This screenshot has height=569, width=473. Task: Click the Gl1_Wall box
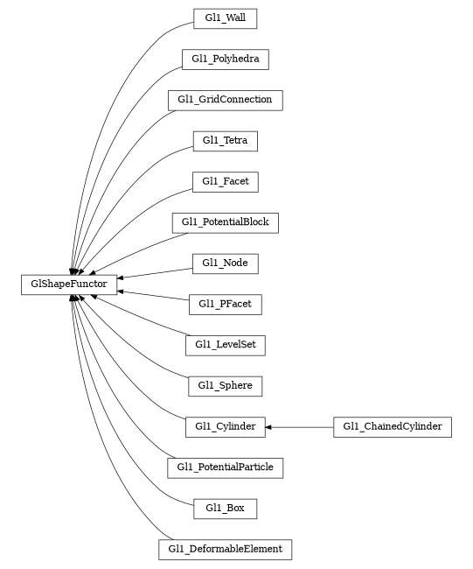(225, 18)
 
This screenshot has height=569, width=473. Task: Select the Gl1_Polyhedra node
(225, 59)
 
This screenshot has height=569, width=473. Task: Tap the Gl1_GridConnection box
(225, 100)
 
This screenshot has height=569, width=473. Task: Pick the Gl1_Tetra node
(225, 140)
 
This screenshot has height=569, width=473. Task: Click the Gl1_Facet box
(225, 181)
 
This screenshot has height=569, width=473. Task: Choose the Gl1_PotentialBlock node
(225, 222)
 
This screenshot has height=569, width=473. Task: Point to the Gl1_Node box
(225, 263)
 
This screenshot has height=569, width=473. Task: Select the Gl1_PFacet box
(225, 304)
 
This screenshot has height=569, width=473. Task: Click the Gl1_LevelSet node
(225, 345)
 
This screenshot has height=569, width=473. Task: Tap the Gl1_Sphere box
(225, 385)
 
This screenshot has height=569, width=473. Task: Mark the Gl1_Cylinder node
(225, 426)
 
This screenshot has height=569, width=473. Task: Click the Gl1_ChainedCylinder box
(393, 426)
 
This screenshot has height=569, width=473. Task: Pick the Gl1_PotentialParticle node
(225, 467)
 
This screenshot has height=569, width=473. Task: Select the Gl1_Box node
(225, 508)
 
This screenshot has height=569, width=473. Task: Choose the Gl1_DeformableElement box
(225, 549)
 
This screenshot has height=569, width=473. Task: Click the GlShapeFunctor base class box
(69, 284)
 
